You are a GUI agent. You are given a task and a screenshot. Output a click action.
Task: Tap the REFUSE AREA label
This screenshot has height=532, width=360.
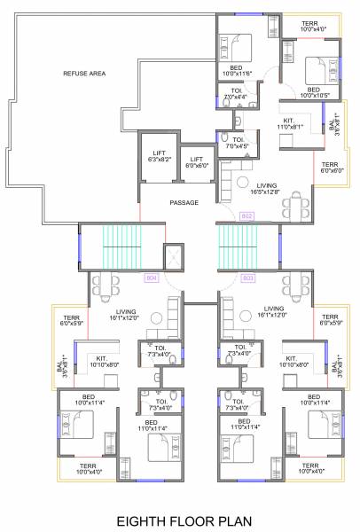click(84, 74)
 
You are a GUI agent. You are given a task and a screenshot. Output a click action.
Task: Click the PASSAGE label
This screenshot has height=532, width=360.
click(184, 203)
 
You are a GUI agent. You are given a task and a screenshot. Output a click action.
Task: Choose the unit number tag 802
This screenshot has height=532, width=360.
click(247, 215)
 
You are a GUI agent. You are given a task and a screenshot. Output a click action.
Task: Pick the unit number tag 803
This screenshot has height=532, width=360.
click(247, 278)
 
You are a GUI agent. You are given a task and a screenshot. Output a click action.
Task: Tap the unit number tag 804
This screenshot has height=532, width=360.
click(151, 278)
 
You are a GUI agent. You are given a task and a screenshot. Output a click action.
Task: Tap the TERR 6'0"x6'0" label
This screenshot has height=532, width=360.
click(330, 168)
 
